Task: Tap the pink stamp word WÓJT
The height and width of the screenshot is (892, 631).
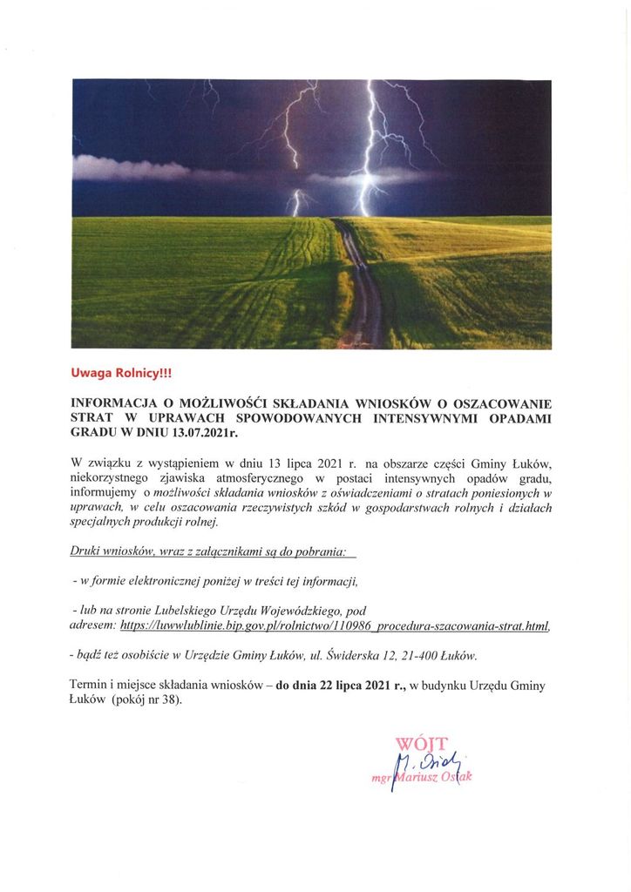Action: click(x=421, y=743)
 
